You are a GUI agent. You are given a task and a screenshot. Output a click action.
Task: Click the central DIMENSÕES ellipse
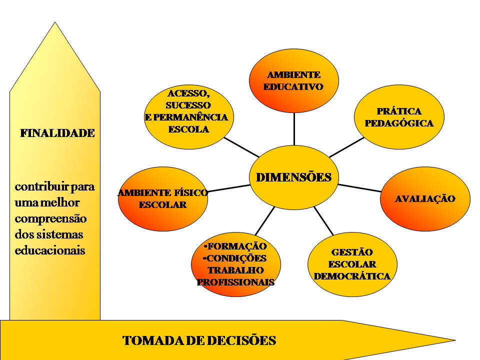click(293, 177)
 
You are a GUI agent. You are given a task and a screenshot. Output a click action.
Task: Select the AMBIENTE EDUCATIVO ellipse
click(293, 80)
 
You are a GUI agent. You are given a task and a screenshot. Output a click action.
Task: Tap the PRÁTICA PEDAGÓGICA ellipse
click(399, 117)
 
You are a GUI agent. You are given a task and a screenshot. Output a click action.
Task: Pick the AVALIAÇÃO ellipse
click(425, 198)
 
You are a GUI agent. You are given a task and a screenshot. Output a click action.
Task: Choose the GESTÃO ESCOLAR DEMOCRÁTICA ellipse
click(352, 264)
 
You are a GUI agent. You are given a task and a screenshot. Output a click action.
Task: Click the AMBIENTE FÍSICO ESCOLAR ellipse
click(163, 198)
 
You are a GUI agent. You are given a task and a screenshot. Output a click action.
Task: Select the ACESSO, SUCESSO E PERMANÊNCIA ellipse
click(188, 117)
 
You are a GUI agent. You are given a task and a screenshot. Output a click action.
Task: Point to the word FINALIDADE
click(57, 133)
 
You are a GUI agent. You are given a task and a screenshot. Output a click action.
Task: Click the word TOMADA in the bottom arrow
click(150, 341)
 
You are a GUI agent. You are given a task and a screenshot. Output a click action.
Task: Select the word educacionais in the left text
click(50, 250)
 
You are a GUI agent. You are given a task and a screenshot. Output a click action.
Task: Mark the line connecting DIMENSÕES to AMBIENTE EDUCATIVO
click(294, 129)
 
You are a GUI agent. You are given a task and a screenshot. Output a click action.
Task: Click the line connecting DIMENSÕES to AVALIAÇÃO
click(359, 188)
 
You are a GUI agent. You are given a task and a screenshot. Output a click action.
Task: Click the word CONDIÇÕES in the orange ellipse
click(236, 258)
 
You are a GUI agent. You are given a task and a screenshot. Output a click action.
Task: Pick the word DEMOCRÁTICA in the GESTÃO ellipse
click(352, 276)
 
